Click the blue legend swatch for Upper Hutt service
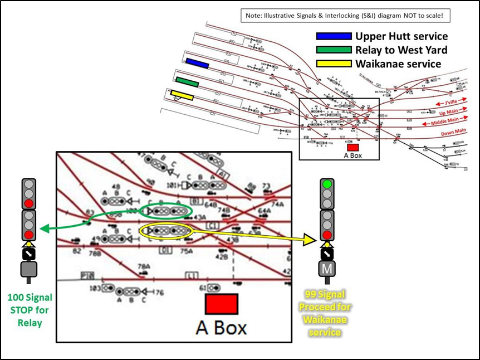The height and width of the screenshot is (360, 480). (x=334, y=36)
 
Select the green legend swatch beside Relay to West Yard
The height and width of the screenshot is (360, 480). (x=334, y=50)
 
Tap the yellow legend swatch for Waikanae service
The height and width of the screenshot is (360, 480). (x=334, y=63)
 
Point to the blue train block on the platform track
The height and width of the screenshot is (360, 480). (x=197, y=63)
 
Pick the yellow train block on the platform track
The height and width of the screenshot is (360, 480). (x=182, y=95)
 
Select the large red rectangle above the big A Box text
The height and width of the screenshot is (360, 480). (x=222, y=304)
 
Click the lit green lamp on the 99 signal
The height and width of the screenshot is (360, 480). (x=327, y=184)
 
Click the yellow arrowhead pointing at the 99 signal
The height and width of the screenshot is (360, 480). (x=308, y=240)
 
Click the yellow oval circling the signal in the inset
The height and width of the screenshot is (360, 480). (x=165, y=230)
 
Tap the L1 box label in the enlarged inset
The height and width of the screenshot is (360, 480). (x=192, y=276)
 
